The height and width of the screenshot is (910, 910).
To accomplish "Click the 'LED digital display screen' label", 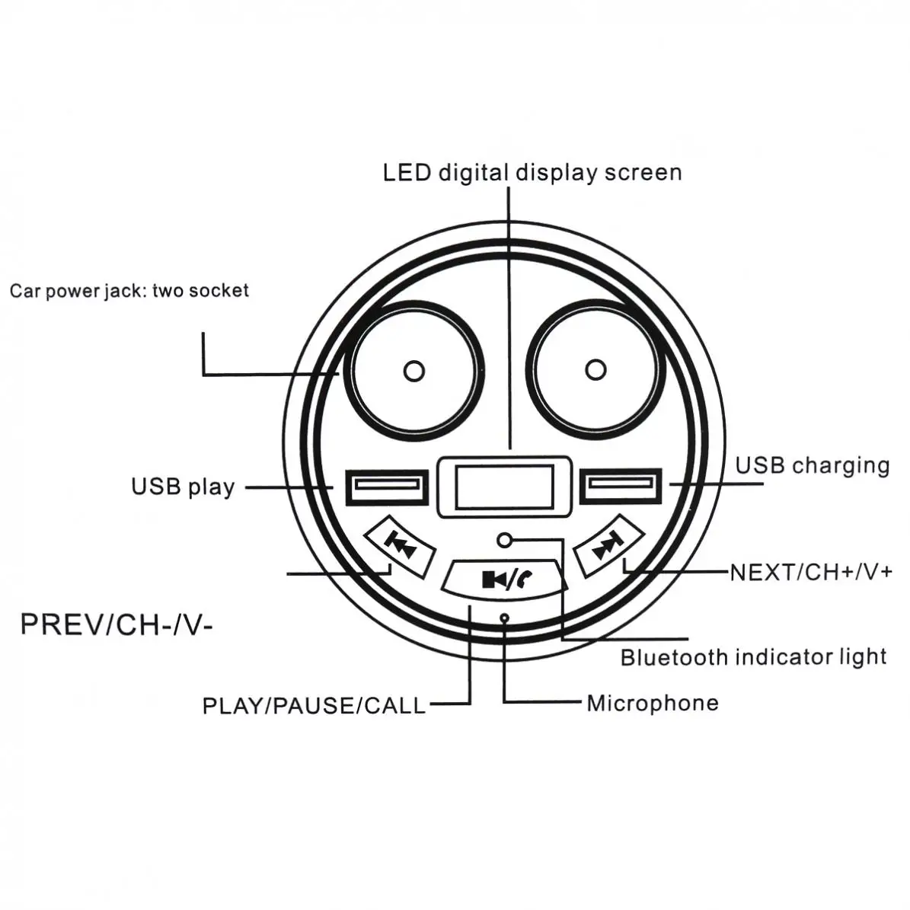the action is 532,173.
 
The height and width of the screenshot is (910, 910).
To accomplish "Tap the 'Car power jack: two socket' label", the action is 129,290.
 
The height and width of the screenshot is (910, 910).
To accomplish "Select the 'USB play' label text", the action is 183,487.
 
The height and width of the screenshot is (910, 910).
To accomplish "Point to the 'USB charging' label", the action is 813,465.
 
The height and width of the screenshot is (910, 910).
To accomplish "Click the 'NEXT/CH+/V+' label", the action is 811,572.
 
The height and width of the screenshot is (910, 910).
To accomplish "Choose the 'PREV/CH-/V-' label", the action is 117,625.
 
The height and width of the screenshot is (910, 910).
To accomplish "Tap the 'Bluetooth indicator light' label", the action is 753,657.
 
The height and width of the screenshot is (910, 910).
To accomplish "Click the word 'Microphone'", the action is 653,704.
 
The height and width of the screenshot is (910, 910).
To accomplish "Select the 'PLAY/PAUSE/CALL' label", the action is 314,706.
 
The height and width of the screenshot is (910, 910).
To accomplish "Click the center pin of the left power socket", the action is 413,371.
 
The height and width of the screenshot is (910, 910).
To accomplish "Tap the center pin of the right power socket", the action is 595,369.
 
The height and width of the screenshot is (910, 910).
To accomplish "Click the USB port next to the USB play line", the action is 387,487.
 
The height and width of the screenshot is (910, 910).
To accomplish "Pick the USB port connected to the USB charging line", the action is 621,484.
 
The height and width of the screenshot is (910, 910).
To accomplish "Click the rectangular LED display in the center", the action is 504,487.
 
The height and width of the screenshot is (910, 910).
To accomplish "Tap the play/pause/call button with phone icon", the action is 504,578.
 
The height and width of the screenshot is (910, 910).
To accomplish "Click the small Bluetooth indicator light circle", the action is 504,541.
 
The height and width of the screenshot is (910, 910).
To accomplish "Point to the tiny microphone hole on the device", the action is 504,618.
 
